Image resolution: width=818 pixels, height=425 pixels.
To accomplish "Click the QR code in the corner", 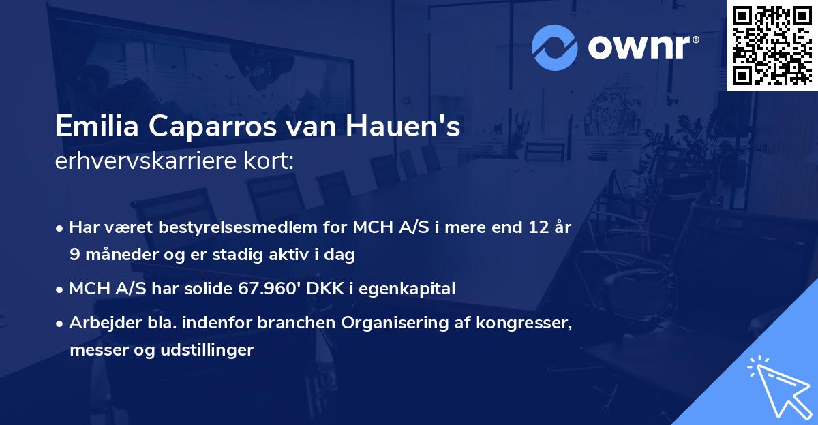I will coord(772,46).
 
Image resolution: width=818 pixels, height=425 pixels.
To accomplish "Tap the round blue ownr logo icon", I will coord(554,48).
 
